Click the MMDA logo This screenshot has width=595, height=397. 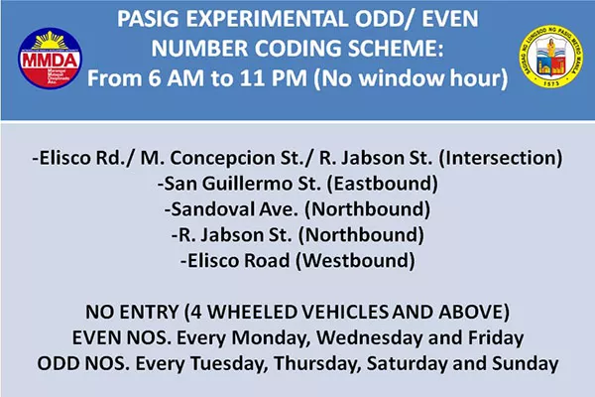pyautogui.click(x=50, y=58)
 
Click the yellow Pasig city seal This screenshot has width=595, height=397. pyautogui.click(x=551, y=57)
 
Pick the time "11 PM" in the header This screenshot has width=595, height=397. pyautogui.click(x=274, y=78)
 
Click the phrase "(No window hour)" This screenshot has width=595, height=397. pyautogui.click(x=411, y=78)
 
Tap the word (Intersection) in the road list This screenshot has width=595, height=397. pyautogui.click(x=501, y=158)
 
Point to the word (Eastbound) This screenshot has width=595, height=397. pyautogui.click(x=382, y=184)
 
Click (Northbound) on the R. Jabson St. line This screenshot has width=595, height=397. pyautogui.click(x=361, y=235)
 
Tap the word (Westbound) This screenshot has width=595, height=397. pyautogui.click(x=355, y=261)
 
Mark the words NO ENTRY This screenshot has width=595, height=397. pyautogui.click(x=132, y=313)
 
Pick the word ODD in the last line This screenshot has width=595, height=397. pyautogui.click(x=59, y=364)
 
